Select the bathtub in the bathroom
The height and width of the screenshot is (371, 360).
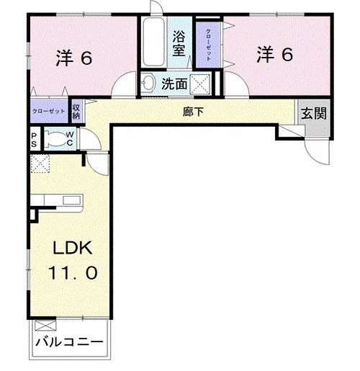click(x=153, y=44)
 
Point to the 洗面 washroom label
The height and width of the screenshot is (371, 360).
click(x=174, y=84)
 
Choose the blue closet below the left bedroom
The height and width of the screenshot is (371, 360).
click(x=48, y=112)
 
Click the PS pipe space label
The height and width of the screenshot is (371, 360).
click(x=34, y=138)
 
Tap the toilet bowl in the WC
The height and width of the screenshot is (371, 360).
click(x=54, y=139)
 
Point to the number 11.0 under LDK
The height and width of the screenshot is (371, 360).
click(x=71, y=274)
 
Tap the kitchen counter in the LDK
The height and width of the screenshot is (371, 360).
click(x=61, y=202)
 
